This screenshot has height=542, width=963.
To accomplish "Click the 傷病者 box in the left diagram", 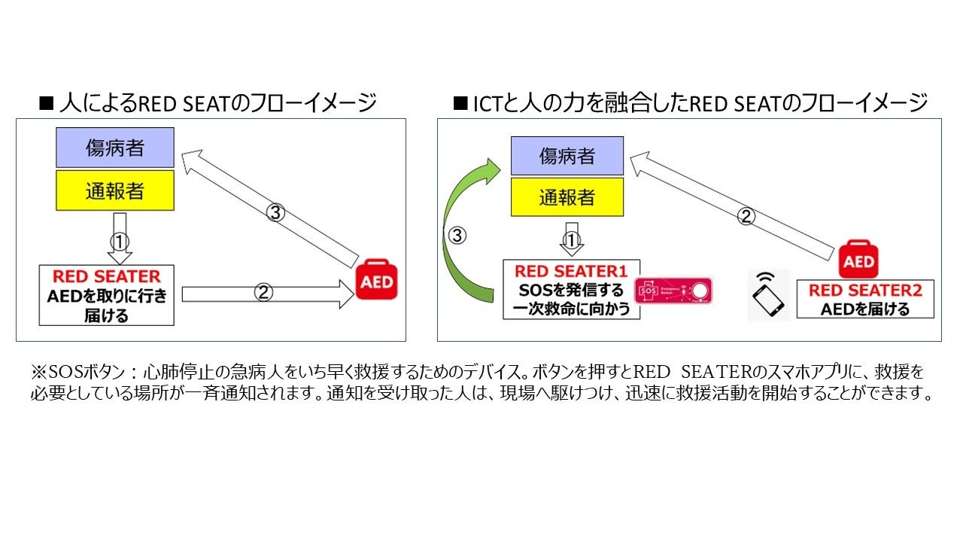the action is pos(114,148).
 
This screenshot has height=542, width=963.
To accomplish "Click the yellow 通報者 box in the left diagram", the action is pos(114,190).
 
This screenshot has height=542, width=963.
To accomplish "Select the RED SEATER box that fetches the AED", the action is pos(106,295).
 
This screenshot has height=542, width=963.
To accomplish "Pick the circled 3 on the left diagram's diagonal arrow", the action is pos(276,213).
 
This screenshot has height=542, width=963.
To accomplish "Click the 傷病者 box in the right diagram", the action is pos(567,156).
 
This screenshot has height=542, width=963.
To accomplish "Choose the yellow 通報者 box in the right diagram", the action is pos(567,197).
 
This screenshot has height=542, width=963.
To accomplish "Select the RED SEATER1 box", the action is pos(571,290).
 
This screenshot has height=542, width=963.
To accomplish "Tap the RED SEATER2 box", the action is pos(864,299).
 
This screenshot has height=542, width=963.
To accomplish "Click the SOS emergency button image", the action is pos(673,291).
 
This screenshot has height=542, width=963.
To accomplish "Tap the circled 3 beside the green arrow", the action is pos(457,236).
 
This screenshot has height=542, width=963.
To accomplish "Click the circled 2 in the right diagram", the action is pos(746,217).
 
